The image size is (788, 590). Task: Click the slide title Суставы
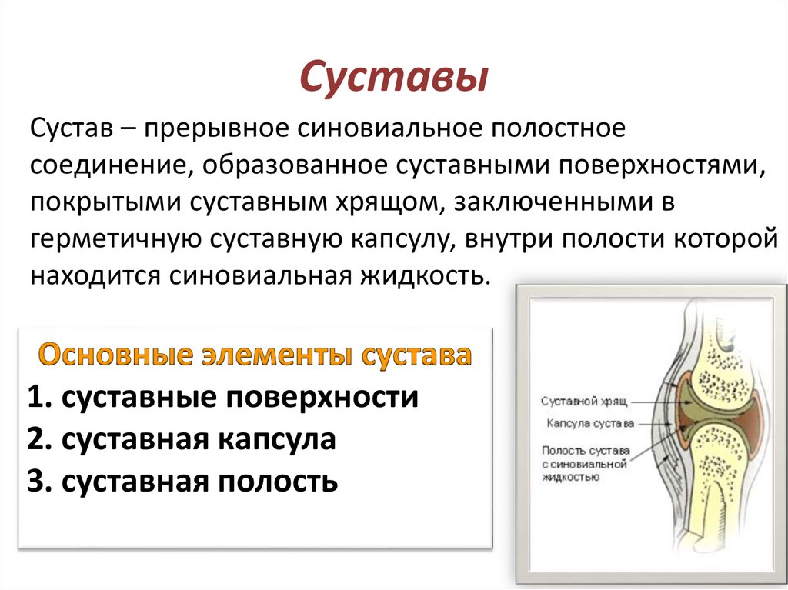(x=393, y=78)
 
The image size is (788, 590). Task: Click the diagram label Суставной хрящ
(x=584, y=402)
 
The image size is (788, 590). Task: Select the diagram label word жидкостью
(x=571, y=478)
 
